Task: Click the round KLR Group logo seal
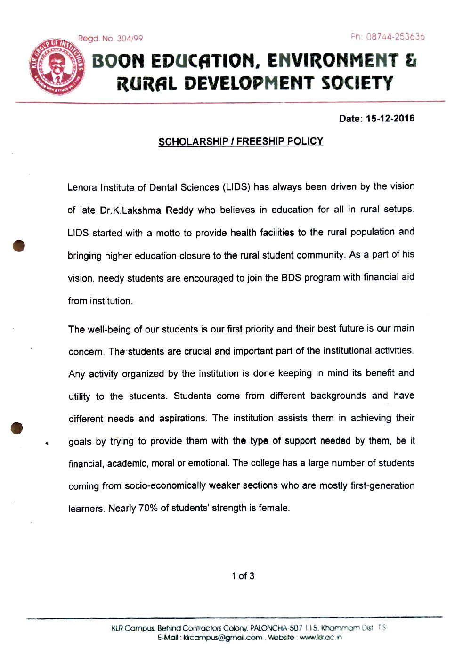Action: click(57, 67)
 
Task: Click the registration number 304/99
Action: click(130, 39)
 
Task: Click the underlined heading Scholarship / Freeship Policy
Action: click(241, 142)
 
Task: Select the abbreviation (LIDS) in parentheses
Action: click(236, 187)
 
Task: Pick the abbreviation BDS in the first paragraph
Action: click(291, 278)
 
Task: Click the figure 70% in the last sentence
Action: click(148, 509)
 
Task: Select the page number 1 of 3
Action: click(243, 576)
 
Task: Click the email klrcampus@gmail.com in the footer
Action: click(223, 638)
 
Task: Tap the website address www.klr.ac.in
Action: click(321, 638)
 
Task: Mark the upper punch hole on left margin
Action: click(18, 246)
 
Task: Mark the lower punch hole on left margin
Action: click(16, 428)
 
